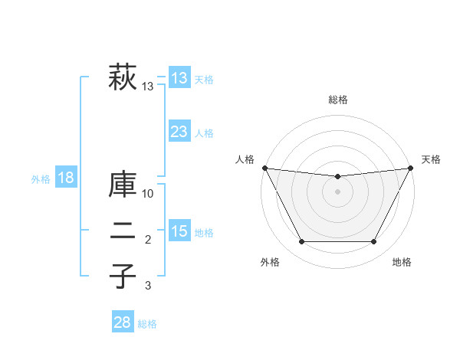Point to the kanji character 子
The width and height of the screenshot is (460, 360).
pyautogui.click(x=123, y=275)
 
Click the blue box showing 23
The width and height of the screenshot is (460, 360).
pyautogui.click(x=179, y=132)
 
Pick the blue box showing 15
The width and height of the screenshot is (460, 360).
pyautogui.click(x=179, y=231)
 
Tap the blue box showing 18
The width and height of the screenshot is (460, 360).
pyautogui.click(x=66, y=178)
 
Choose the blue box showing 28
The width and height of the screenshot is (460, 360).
pyautogui.click(x=122, y=322)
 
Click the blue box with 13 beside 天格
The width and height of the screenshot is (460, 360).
pyautogui.click(x=179, y=79)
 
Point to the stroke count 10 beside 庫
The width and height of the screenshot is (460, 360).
pyautogui.click(x=149, y=193)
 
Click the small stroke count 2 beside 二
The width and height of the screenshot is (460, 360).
pyautogui.click(x=148, y=241)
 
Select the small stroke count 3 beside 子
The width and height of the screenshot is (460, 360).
pyautogui.click(x=148, y=286)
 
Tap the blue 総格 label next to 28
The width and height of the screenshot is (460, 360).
pyautogui.click(x=147, y=324)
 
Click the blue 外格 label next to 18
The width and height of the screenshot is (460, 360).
pyautogui.click(x=41, y=179)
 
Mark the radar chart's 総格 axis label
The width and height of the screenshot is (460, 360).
pyautogui.click(x=337, y=100)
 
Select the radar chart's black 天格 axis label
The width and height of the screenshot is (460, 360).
pyautogui.click(x=432, y=159)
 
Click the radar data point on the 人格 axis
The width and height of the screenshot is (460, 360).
pyautogui.click(x=264, y=168)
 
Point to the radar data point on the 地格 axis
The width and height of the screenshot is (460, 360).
pyautogui.click(x=374, y=242)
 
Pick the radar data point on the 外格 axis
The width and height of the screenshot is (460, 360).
pyautogui.click(x=301, y=242)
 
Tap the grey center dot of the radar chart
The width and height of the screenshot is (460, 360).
pyautogui.click(x=337, y=191)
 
